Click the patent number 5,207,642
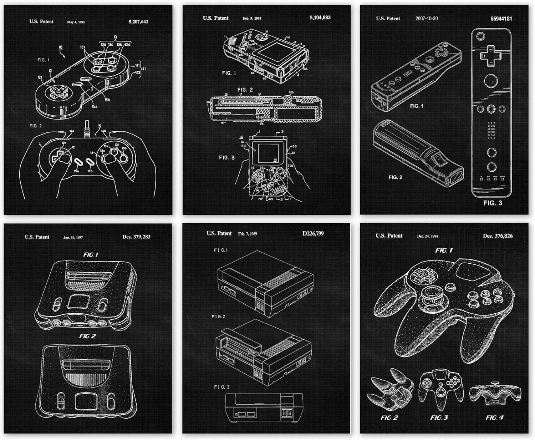pos(138,22)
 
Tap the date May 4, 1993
pos(76,22)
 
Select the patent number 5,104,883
pos(320,17)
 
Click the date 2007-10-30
pos(426,19)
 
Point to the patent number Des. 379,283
pos(136,237)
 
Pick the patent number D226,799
pos(313,233)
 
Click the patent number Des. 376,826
pos(498,236)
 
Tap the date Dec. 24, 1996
pos(428,236)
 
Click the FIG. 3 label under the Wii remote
pos(493,203)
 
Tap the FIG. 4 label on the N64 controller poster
pos(494,417)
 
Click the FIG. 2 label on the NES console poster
pos(218,317)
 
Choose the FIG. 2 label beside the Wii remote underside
pos(395,177)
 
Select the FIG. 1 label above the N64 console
pos(91,255)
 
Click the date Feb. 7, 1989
pos(247,234)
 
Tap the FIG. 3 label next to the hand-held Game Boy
pos(226,157)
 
